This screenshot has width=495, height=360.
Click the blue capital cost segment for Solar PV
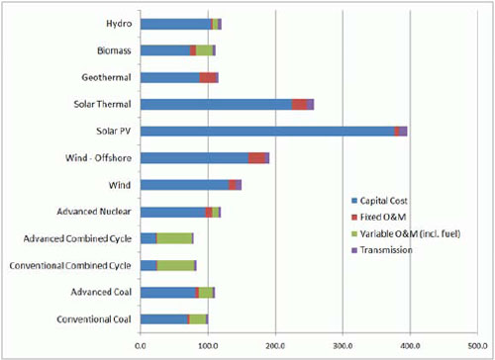point(257,131)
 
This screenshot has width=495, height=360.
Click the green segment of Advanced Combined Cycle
point(174,238)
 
